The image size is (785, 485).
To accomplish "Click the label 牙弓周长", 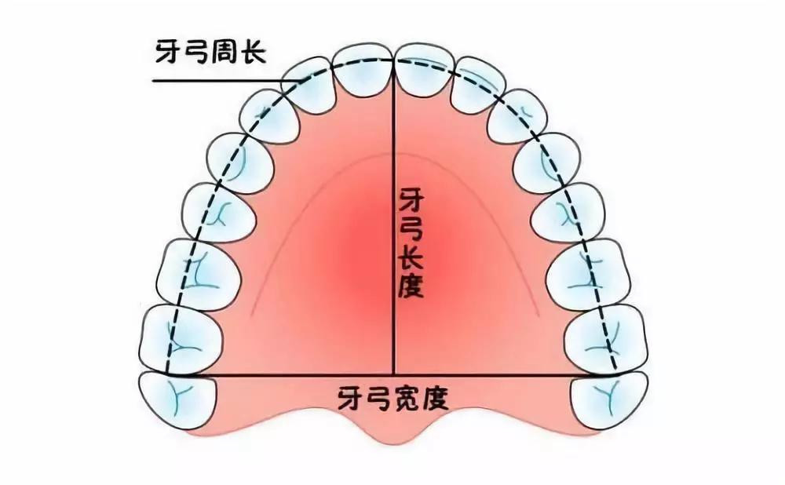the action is (x=210, y=52).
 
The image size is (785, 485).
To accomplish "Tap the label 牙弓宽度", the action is (x=393, y=399).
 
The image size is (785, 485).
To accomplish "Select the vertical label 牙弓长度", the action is (x=411, y=242).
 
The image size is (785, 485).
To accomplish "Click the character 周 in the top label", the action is (x=225, y=52).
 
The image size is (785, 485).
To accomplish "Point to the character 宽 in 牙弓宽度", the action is (x=407, y=399).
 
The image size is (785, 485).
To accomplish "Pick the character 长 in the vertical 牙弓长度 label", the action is (x=411, y=257).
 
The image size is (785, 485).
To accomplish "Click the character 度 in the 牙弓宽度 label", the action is (x=435, y=399).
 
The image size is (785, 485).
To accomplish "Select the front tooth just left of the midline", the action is (x=363, y=70).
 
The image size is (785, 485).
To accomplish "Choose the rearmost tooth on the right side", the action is (x=609, y=400).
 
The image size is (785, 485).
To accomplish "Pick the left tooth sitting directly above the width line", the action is (x=181, y=339).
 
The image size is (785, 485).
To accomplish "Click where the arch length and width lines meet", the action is (x=394, y=374).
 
